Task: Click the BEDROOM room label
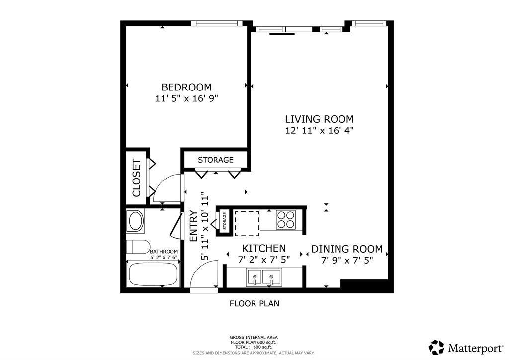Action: pyautogui.click(x=186, y=87)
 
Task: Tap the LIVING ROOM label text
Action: pyautogui.click(x=319, y=119)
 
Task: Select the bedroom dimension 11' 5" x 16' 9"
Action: pyautogui.click(x=186, y=98)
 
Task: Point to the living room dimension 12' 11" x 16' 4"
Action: pyautogui.click(x=319, y=131)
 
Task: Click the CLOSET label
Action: pyautogui.click(x=136, y=178)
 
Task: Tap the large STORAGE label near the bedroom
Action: pyautogui.click(x=215, y=160)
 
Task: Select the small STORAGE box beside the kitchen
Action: pyautogui.click(x=225, y=221)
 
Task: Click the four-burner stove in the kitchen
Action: pyautogui.click(x=285, y=220)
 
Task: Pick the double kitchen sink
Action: pyautogui.click(x=263, y=276)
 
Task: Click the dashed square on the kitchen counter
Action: pyautogui.click(x=247, y=222)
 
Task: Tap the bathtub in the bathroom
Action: pyautogui.click(x=153, y=274)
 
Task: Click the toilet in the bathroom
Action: pyautogui.click(x=138, y=247)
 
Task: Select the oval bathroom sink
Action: pyautogui.click(x=135, y=221)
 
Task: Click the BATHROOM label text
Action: pyautogui.click(x=164, y=252)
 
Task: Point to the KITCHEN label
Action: pyautogui.click(x=263, y=248)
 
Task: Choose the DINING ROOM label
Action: pyautogui.click(x=347, y=249)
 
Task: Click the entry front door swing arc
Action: pyautogui.click(x=204, y=276)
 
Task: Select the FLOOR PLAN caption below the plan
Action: pyautogui.click(x=254, y=303)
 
